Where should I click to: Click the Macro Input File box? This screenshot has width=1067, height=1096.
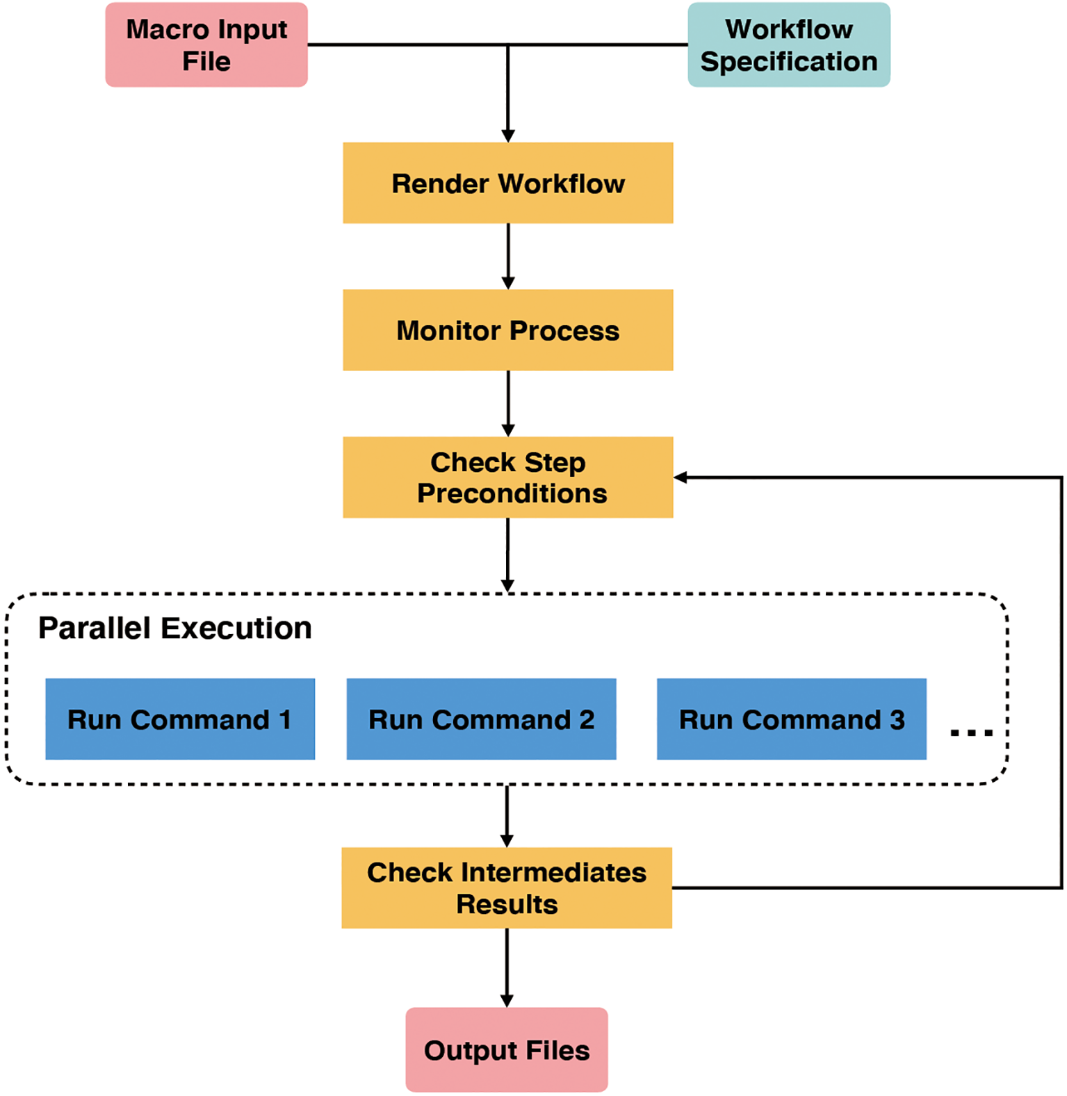[x=206, y=45]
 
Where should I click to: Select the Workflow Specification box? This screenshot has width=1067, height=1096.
[x=788, y=45]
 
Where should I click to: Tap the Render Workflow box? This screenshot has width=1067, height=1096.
[x=507, y=183]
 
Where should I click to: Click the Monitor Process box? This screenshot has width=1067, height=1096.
[x=507, y=330]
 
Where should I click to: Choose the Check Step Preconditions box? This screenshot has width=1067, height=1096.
[x=507, y=477]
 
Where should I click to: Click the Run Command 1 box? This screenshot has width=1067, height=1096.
[x=180, y=719]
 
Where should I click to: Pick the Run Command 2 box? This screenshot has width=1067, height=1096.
[x=481, y=719]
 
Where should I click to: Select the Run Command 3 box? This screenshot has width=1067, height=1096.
[x=791, y=719]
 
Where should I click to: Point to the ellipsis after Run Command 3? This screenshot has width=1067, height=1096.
[x=971, y=733]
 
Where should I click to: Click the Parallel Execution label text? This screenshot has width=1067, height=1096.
[x=175, y=628]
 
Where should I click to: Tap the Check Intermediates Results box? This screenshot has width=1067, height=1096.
[x=507, y=888]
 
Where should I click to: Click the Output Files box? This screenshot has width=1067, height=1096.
[x=507, y=1050]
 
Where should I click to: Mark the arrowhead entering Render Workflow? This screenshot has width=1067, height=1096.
[x=508, y=136]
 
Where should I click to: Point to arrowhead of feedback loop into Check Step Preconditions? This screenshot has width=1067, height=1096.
[x=681, y=477]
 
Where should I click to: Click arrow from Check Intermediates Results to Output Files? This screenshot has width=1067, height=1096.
[x=507, y=967]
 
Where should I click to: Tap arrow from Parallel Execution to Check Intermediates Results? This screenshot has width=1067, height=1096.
[x=507, y=816]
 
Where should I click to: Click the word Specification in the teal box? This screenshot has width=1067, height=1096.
[x=788, y=62]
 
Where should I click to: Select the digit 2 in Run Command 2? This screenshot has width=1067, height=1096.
[x=587, y=719]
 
